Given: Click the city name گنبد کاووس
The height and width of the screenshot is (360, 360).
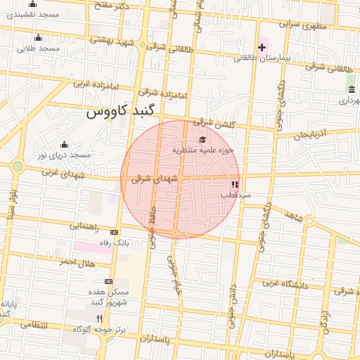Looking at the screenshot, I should [x=124, y=112].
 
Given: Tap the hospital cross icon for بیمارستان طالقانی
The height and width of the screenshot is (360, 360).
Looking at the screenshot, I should [x=262, y=48].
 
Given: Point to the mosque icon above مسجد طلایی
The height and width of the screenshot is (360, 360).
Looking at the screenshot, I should [x=38, y=37].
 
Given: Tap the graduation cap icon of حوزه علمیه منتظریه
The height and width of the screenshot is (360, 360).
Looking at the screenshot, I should [x=203, y=139].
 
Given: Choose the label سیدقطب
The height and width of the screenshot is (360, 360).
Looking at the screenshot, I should [x=236, y=195].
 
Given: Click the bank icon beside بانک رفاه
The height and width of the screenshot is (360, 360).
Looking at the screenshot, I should [x=115, y=232].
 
